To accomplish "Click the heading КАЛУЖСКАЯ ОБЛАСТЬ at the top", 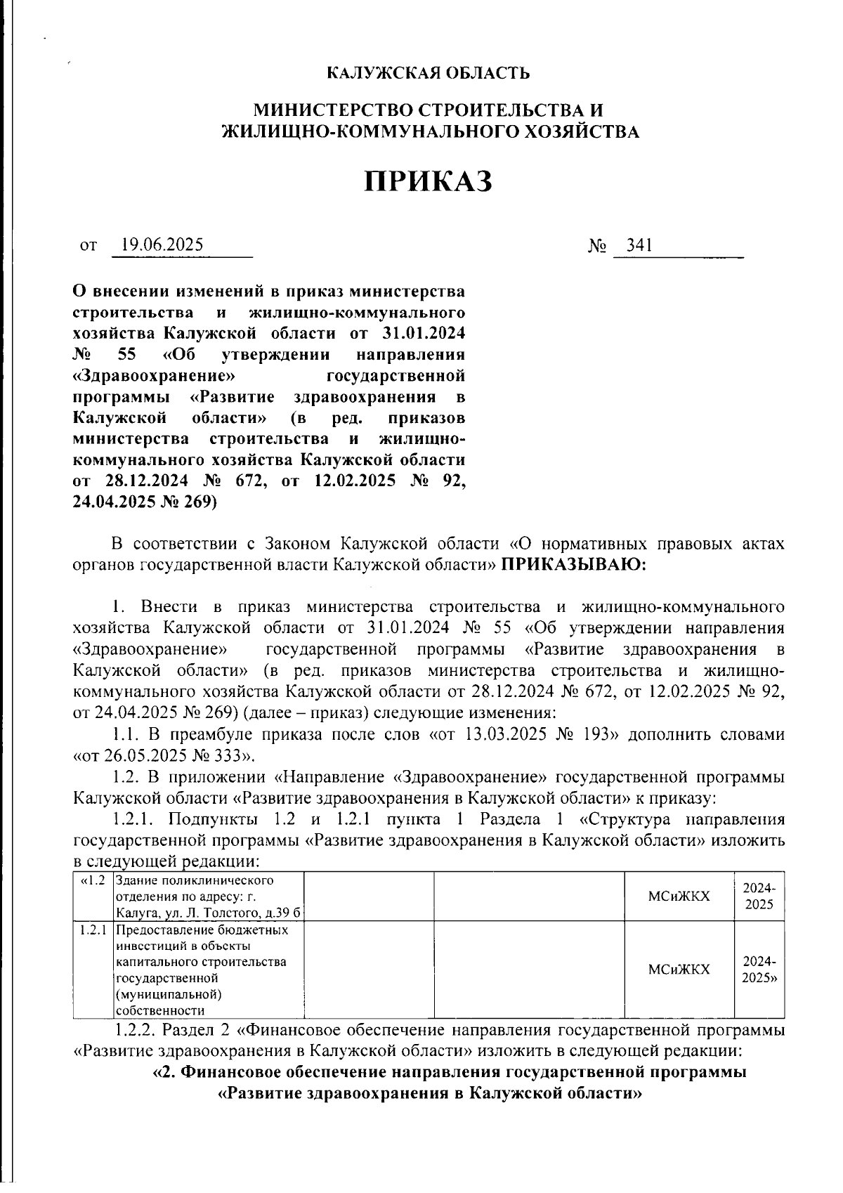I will (429, 73).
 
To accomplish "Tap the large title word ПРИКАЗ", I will (429, 181).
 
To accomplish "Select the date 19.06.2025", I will (162, 245).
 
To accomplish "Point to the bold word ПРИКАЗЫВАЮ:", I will (573, 564).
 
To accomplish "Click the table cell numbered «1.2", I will (93, 881).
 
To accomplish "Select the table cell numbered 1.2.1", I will (93, 931).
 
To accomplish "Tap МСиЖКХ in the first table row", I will (679, 897).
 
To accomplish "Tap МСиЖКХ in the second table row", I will (679, 970).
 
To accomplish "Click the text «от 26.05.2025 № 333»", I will (164, 757).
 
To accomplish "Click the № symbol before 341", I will (597, 246).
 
